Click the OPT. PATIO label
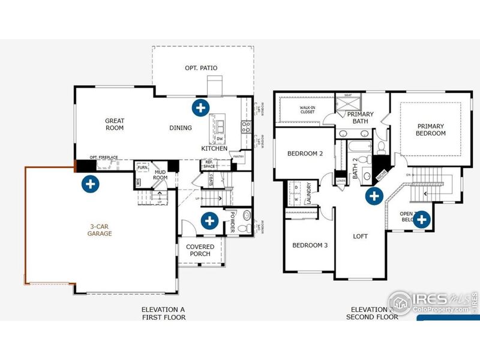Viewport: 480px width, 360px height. pyautogui.click(x=201, y=68)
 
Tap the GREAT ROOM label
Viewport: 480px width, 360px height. pyautogui.click(x=114, y=124)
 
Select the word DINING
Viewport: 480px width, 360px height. pyautogui.click(x=181, y=128)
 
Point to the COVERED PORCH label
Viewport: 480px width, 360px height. pyautogui.click(x=200, y=250)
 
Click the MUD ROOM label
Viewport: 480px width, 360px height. pyautogui.click(x=160, y=175)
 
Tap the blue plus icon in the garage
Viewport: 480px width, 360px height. pyautogui.click(x=90, y=184)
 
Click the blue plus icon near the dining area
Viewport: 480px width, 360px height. pyautogui.click(x=200, y=108)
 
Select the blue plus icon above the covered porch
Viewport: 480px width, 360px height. pyautogui.click(x=209, y=221)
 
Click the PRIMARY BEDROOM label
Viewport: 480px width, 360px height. pyautogui.click(x=431, y=130)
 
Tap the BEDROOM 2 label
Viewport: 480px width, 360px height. pyautogui.click(x=305, y=154)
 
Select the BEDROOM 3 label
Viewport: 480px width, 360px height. pyautogui.click(x=310, y=245)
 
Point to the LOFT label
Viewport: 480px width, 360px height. pyautogui.click(x=360, y=236)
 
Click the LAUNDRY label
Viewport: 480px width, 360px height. pyautogui.click(x=308, y=194)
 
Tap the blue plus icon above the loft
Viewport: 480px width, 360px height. pyautogui.click(x=374, y=195)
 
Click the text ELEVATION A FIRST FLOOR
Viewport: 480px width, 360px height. pyautogui.click(x=163, y=313)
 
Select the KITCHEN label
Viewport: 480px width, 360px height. pyautogui.click(x=214, y=148)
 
